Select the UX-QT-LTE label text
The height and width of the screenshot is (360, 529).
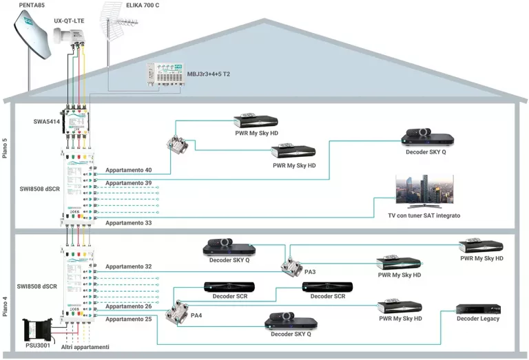pos(70,22)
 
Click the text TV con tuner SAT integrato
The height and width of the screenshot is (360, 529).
pos(424,216)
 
